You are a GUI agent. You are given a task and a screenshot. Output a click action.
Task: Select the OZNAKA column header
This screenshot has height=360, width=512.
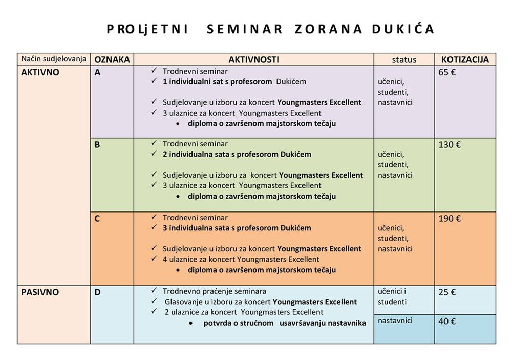[x=112, y=59]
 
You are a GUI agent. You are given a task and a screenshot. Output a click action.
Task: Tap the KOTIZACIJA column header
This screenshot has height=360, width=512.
[x=465, y=59]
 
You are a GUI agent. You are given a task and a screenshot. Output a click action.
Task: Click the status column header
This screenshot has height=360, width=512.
[x=404, y=59]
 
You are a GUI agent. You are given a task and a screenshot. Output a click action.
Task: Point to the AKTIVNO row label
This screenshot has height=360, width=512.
[x=40, y=72]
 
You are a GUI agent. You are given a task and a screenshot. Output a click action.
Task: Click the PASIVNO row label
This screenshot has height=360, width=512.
[x=40, y=292]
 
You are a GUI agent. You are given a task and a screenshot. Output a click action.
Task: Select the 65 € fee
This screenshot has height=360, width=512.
[x=447, y=72]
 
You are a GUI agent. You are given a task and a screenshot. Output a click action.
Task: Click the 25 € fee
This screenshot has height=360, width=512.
[x=447, y=293]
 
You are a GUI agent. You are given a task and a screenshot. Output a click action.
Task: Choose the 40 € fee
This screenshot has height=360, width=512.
[x=447, y=322]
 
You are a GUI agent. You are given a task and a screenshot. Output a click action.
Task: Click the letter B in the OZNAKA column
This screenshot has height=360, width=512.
[x=97, y=145]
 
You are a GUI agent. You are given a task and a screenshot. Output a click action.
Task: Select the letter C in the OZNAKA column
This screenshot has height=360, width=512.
[x=97, y=219]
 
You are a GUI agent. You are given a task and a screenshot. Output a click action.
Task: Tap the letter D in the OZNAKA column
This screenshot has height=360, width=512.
[x=98, y=292]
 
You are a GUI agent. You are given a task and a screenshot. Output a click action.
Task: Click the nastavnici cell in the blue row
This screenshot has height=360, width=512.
[x=395, y=321]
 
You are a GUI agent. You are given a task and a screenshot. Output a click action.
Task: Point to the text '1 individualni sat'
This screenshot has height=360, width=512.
[x=193, y=81]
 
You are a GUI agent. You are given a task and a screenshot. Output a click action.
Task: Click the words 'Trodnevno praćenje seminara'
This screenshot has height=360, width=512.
[x=215, y=291]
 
